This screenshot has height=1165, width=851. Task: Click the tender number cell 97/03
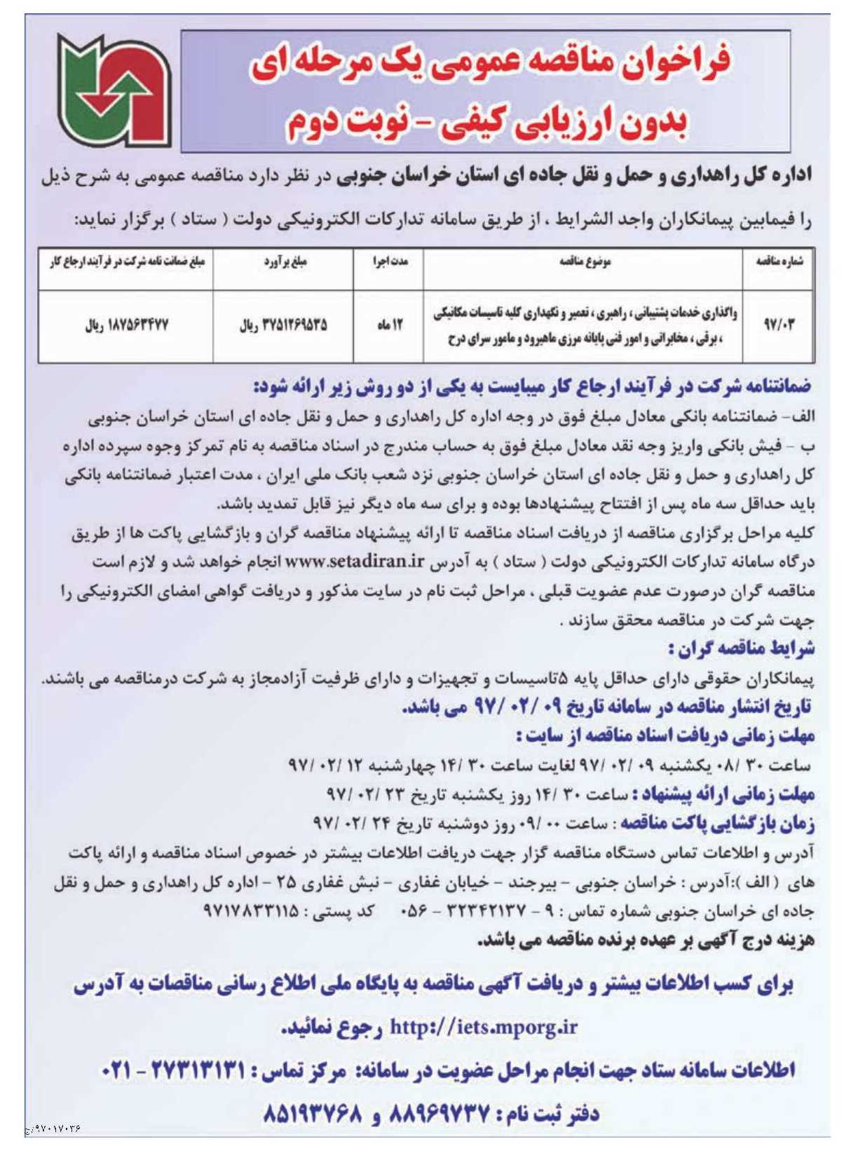point(778,325)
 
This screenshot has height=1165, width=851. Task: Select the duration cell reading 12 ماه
point(389,325)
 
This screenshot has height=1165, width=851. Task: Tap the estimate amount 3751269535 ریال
point(283,325)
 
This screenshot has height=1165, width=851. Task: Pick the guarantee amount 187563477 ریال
point(126,325)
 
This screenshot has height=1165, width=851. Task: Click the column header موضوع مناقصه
point(585,261)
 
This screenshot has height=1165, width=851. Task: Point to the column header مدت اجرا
point(390,261)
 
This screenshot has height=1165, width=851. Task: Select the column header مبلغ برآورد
point(285,261)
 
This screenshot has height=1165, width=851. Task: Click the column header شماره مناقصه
point(779,261)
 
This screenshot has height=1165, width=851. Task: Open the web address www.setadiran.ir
point(355,561)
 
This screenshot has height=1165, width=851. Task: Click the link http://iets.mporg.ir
point(483,1027)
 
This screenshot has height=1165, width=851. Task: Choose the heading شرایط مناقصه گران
point(742,648)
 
